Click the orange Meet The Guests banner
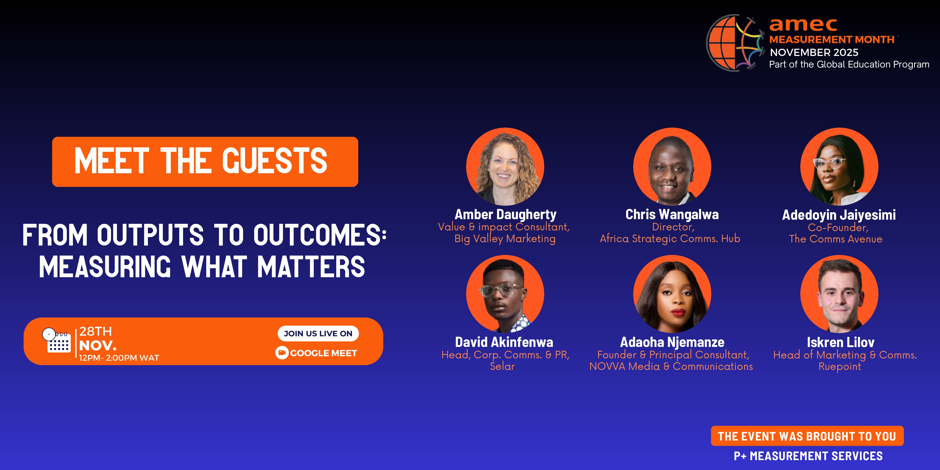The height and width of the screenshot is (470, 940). click(x=205, y=162)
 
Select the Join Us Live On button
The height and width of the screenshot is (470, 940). click(x=318, y=333)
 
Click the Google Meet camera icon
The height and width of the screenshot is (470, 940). click(x=282, y=353)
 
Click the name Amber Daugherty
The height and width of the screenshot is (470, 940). click(x=505, y=214)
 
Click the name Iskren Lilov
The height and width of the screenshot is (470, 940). click(x=840, y=342)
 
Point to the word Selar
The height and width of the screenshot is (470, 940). click(x=502, y=366)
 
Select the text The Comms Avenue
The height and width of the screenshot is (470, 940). click(x=836, y=239)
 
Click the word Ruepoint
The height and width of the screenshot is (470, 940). click(x=840, y=366)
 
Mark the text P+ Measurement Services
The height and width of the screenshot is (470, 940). click(x=808, y=456)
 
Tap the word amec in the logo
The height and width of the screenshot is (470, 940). click(x=803, y=25)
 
